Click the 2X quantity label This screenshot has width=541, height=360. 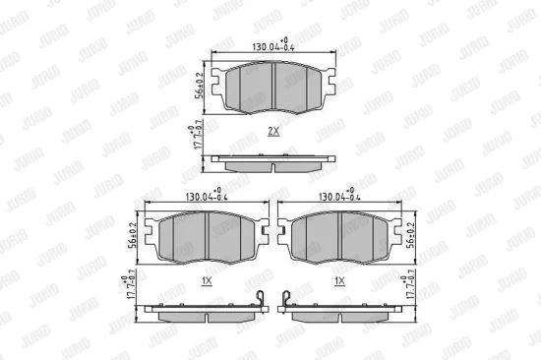[x=272, y=130]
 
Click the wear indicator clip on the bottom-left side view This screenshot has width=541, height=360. [x=260, y=298]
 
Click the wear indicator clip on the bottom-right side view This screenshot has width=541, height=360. [x=285, y=298]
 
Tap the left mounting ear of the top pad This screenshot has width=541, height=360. [x=218, y=86]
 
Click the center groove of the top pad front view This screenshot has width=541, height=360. [x=272, y=87]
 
